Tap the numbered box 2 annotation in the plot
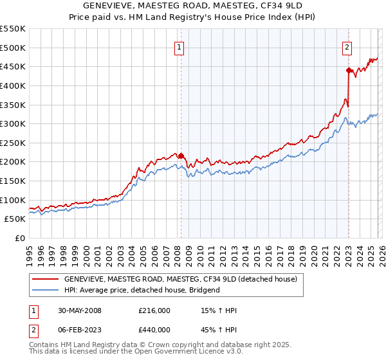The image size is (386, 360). click(347, 46)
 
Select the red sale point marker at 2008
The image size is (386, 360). click(181, 156)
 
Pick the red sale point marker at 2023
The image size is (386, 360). click(349, 70)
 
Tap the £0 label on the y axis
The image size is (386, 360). click(21, 238)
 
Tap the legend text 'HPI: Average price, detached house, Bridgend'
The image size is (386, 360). click(142, 290)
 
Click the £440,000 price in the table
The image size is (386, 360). click(154, 331)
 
